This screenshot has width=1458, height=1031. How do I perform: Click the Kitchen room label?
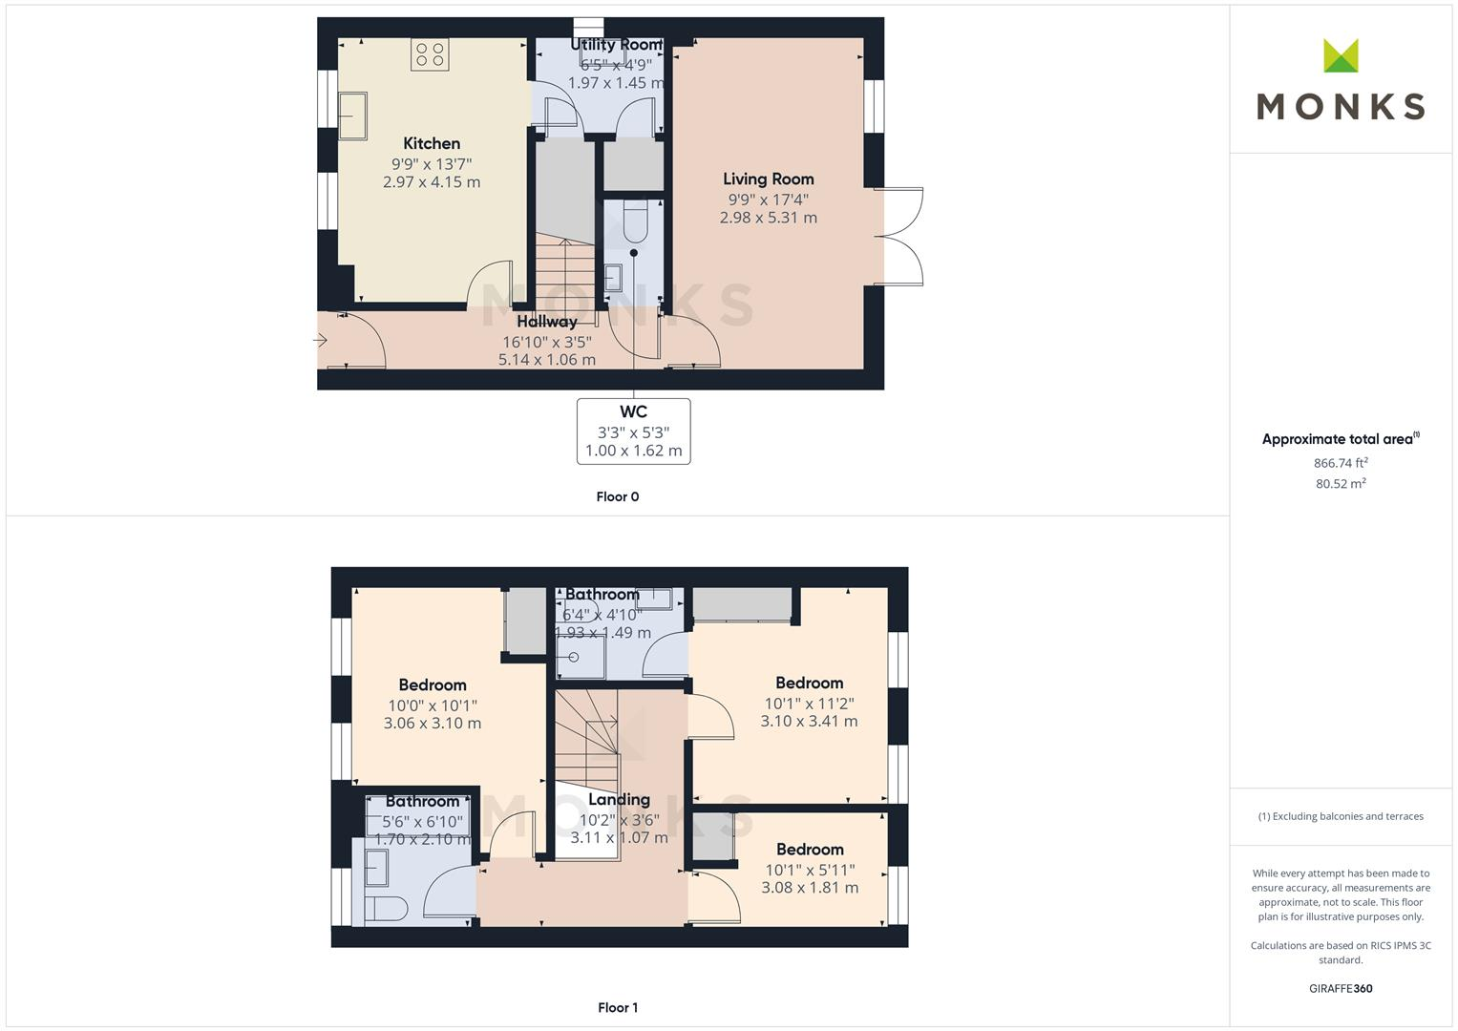point(432,144)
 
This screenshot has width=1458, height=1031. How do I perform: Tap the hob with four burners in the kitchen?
point(430,54)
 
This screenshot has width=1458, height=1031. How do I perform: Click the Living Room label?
point(768,179)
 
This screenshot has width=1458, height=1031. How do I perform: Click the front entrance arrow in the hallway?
point(321,340)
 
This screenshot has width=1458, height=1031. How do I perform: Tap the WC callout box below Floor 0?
point(633,431)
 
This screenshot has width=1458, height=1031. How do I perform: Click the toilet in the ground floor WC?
point(634,221)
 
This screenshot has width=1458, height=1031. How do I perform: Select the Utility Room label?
point(616,45)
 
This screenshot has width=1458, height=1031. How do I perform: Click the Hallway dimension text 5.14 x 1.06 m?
point(546,360)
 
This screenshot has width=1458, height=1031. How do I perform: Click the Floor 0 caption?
point(617,496)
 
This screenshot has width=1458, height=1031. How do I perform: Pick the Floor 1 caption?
point(617,1007)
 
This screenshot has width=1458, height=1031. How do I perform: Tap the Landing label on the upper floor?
point(619,800)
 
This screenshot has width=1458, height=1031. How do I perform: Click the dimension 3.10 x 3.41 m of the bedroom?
point(809,722)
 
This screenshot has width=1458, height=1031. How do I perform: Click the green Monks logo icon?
point(1341,56)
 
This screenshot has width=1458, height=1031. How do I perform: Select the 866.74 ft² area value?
point(1341,463)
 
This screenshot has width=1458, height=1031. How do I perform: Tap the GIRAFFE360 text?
point(1341,988)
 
